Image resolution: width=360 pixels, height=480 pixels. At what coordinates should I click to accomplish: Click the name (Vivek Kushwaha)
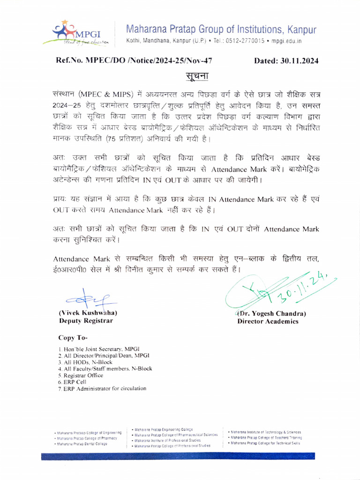88,313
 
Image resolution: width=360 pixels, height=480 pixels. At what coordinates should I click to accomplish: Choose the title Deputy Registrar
85,321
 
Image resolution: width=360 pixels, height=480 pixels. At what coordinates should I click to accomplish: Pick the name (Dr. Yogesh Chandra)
271,313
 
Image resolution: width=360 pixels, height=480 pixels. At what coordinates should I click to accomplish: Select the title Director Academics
268,321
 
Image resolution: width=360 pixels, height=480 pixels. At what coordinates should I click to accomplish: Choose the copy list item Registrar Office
81,375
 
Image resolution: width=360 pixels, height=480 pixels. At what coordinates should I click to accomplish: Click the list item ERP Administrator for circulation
102,389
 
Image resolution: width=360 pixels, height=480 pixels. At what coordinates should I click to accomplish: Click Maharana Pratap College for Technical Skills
265,443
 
